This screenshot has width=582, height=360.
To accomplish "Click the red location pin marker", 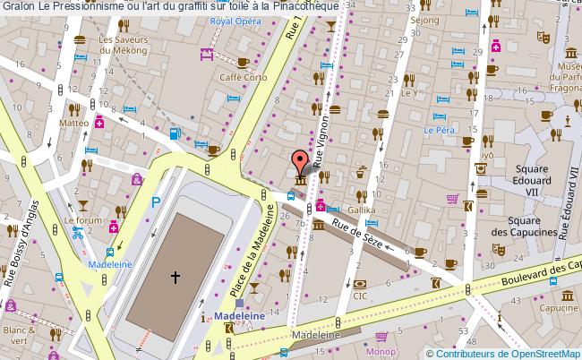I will click(x=300, y=161).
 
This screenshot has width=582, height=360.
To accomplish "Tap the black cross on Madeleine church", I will click(x=175, y=279).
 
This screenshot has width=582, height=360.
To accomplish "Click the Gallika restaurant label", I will click(x=362, y=209).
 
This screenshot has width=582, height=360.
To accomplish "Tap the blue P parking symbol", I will click(x=156, y=203).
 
